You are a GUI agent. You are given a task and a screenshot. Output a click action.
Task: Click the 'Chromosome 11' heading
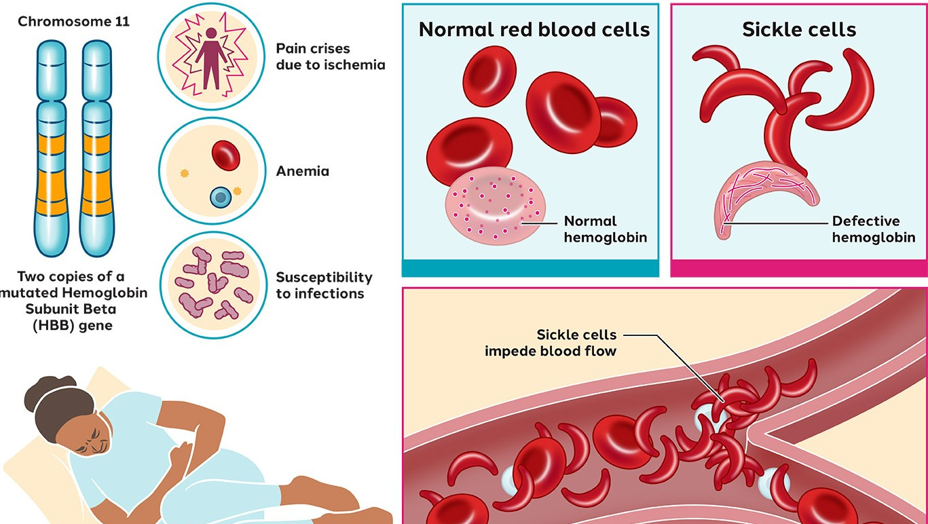coord(73,22)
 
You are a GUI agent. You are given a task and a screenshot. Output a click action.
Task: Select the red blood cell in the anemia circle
coord(225,155)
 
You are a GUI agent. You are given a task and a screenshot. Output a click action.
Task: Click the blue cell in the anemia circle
coord(220,198)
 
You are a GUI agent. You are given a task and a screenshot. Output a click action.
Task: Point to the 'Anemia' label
coord(302,171)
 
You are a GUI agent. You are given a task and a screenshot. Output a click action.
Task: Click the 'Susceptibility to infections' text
coord(324,286)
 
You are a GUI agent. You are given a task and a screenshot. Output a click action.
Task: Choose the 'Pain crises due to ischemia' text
coord(330,57)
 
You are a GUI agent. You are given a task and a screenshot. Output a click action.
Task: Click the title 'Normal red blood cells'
coord(534,30)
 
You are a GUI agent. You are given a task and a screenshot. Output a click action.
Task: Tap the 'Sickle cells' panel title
coord(798,30)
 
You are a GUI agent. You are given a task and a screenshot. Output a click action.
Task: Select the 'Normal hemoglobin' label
coord(605,229)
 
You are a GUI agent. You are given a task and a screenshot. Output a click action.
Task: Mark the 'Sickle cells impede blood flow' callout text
coord(551,343)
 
